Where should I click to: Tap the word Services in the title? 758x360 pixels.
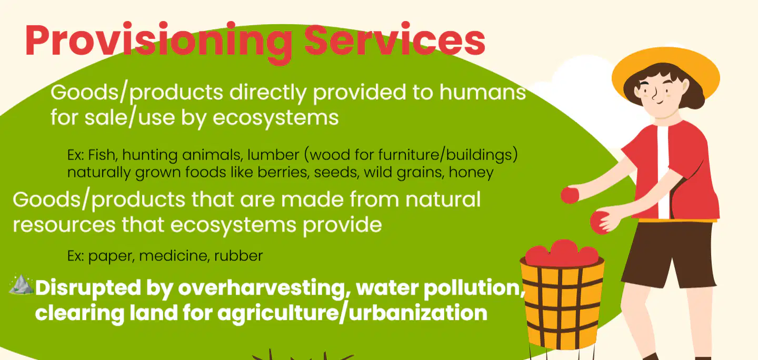coord(395,39)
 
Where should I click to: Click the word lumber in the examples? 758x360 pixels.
coord(273,155)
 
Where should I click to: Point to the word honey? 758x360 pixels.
coord(471,173)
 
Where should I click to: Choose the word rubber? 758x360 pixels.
coord(238,256)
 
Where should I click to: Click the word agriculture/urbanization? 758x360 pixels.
coord(352,313)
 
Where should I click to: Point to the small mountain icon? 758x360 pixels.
coord(21,284)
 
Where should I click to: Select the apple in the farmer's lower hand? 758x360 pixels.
coord(600,222)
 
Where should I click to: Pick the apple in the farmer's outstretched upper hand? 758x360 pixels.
coord(570,195)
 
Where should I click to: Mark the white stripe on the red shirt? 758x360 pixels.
coord(663,172)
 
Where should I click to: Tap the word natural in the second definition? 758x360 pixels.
coord(443,199)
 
